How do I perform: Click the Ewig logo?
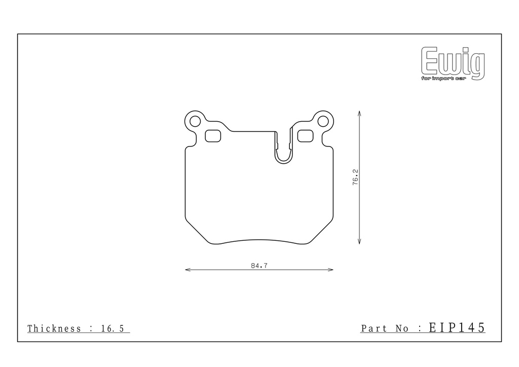[453, 63]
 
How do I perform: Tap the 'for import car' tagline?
[443, 78]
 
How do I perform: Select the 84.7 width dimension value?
[259, 266]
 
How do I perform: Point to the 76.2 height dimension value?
[355, 177]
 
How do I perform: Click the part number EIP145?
[457, 327]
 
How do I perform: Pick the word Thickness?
[54, 328]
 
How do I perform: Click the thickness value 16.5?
[113, 328]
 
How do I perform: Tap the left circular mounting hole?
[195, 122]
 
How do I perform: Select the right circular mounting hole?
[323, 122]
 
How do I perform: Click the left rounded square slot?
[213, 136]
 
